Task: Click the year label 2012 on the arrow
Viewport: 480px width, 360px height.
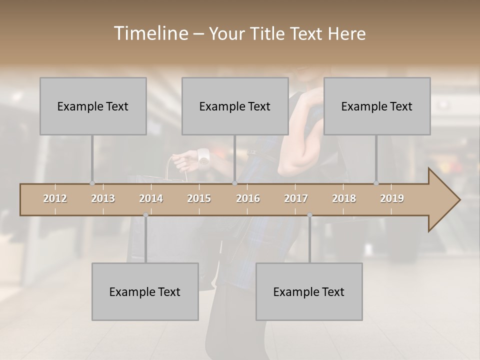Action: click(55, 198)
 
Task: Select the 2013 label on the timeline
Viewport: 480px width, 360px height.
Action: click(103, 198)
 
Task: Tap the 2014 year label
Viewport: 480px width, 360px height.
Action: click(151, 198)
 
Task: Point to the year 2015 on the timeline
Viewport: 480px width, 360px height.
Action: click(199, 198)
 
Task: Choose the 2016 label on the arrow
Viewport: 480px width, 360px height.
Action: click(248, 198)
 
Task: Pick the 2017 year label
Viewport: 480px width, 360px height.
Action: click(296, 198)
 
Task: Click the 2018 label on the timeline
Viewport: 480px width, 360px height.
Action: click(344, 198)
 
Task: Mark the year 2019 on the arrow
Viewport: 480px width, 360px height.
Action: click(392, 198)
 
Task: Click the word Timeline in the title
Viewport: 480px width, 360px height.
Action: click(150, 33)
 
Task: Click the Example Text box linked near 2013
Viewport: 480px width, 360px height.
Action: click(93, 106)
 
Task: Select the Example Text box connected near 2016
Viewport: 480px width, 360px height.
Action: click(235, 106)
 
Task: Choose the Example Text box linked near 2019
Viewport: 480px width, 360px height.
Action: click(377, 106)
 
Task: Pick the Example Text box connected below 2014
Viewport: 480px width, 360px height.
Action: click(145, 291)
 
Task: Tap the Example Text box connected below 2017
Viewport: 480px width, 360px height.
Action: click(309, 291)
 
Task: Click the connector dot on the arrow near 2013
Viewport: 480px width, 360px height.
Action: click(92, 183)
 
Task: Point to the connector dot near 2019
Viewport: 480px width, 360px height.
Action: click(376, 183)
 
